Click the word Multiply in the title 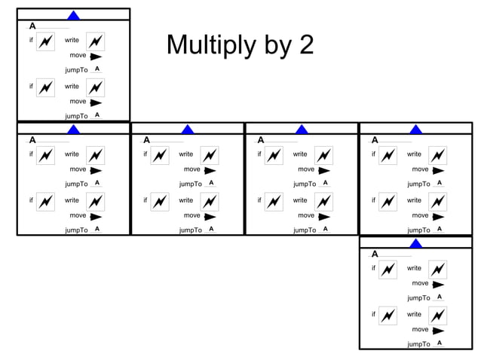click(x=208, y=46)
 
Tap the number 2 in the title click(x=305, y=45)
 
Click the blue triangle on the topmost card click(x=74, y=14)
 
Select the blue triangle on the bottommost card click(x=416, y=243)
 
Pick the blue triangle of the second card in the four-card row click(x=188, y=129)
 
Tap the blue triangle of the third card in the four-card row click(x=302, y=129)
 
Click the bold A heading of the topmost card click(x=32, y=26)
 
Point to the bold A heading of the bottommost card click(x=375, y=254)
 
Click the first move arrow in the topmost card click(x=96, y=56)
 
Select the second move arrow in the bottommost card click(x=438, y=330)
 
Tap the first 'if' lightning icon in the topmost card click(x=45, y=42)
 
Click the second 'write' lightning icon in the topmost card click(x=95, y=88)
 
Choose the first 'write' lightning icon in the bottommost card click(x=437, y=270)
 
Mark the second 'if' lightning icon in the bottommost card click(x=388, y=316)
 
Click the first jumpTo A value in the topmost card click(x=97, y=69)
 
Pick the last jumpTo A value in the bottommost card click(x=440, y=343)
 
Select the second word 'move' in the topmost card click(x=78, y=101)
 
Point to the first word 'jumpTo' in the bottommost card click(x=418, y=298)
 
